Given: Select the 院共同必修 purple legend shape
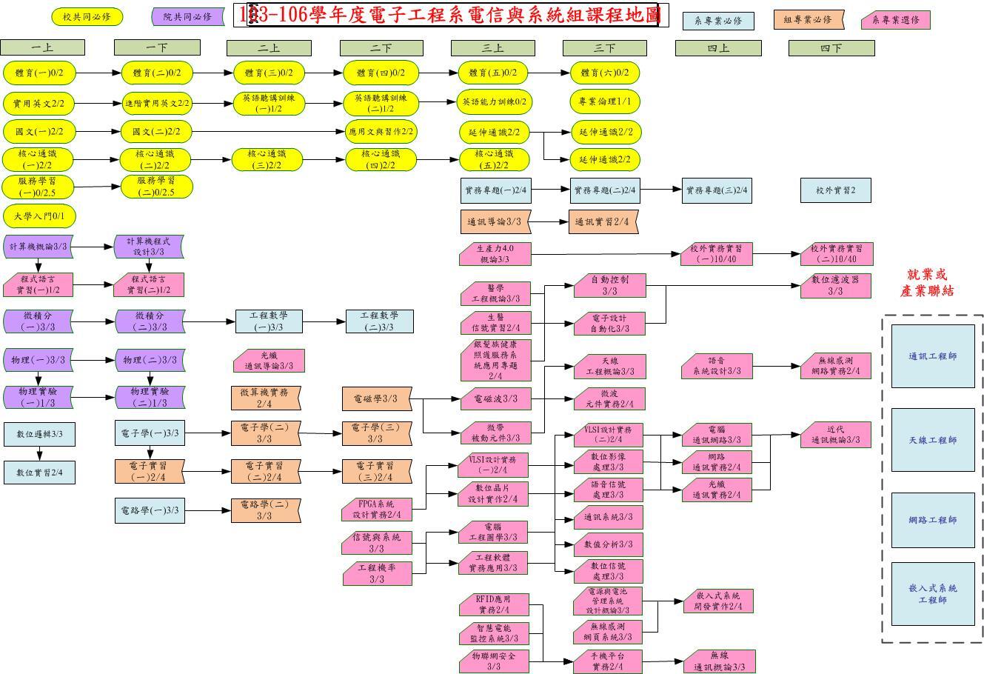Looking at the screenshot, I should [187, 16].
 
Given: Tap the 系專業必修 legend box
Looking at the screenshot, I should [717, 21].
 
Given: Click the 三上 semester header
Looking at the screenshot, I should [492, 48].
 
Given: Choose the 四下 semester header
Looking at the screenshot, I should [831, 48].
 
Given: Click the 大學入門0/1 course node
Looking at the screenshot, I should [40, 216].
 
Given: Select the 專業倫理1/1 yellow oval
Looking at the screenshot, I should [605, 101].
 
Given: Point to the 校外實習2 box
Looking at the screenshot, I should [835, 190].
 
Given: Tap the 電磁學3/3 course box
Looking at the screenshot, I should [375, 398].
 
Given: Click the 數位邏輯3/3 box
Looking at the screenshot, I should [39, 434].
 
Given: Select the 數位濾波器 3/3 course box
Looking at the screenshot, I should [835, 286].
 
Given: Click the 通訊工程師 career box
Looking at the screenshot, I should [932, 356].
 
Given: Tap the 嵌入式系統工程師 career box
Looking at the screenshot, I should [932, 593].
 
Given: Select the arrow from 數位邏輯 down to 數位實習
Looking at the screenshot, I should [39, 453].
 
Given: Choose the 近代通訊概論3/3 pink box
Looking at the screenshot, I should [835, 435].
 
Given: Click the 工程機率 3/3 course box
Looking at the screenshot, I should [376, 573].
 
